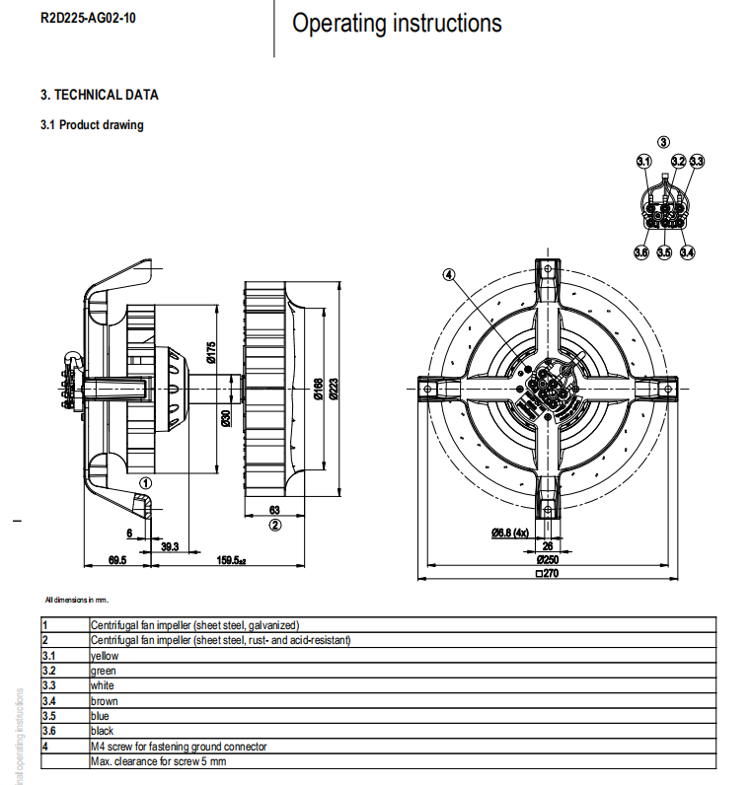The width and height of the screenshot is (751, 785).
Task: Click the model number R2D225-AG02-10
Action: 88,17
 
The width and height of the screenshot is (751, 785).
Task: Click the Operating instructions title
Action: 397,23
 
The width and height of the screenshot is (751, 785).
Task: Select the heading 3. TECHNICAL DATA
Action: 99,95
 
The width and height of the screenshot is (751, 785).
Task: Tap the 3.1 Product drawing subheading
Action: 92,125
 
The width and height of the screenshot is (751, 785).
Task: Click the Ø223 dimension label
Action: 334,390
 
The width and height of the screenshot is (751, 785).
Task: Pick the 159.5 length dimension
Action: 230,560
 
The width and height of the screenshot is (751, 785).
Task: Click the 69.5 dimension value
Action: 116,560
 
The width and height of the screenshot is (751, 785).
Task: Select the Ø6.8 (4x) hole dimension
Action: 515,534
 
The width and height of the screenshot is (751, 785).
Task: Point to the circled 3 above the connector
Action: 664,143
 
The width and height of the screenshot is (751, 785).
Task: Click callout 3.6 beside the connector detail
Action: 641,252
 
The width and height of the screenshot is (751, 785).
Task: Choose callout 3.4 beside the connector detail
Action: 687,252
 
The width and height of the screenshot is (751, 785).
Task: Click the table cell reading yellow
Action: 105,655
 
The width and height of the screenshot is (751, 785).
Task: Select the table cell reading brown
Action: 105,701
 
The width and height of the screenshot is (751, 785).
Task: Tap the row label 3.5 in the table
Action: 48,716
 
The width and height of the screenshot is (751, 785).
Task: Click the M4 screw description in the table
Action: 179,747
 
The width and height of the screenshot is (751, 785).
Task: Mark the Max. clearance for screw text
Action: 158,761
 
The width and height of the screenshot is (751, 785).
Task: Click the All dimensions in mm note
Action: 77,599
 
